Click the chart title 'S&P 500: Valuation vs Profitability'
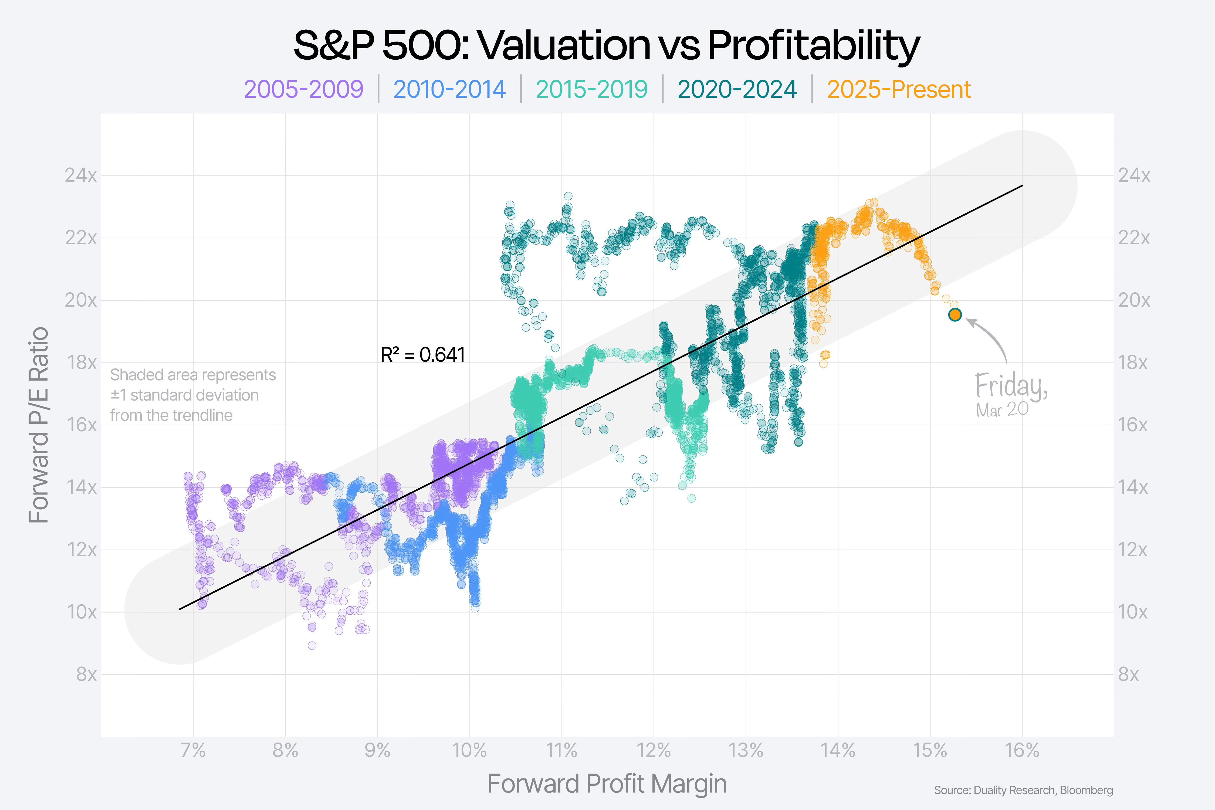coord(607,45)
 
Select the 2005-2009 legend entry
coord(304,89)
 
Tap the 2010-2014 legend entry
coord(449,89)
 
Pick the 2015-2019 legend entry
coord(591,89)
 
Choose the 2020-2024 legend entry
coord(737,89)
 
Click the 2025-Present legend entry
coord(899,89)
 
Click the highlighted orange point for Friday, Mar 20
coord(955,315)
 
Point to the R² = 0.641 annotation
coord(422,355)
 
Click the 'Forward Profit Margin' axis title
coord(607,784)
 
